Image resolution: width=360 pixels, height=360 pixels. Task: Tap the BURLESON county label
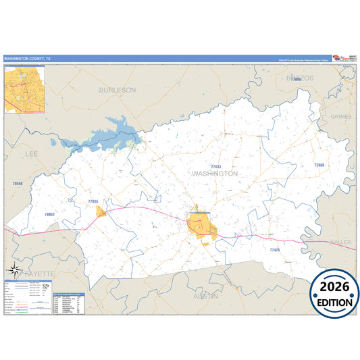point(117,89)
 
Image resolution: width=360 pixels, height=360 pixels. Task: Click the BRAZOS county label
point(301,78)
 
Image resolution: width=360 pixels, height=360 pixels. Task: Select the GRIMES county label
point(342,117)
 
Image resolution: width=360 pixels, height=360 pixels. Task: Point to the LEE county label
point(32,154)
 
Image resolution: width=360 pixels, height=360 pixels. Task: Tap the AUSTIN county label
point(205,296)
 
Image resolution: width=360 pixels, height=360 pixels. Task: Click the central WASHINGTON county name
point(215,174)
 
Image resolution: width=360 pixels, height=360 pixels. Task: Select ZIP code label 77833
point(215,166)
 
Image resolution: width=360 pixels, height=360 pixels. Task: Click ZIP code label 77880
point(319,165)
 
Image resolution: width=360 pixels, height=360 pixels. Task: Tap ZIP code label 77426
point(275,250)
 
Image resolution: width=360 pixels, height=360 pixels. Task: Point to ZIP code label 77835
point(93,201)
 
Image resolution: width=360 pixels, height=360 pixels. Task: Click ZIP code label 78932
point(49,214)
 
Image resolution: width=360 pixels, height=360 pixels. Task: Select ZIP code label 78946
point(18,184)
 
